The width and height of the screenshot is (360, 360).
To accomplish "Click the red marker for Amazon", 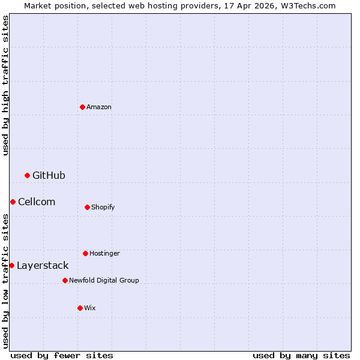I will click(x=82, y=107).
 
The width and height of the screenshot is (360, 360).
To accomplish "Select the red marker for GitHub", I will click(x=27, y=175).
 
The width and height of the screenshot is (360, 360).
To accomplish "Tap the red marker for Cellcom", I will click(x=13, y=202).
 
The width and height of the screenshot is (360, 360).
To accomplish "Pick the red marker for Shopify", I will click(x=87, y=207).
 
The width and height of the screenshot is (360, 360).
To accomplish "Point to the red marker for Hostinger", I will click(x=85, y=253).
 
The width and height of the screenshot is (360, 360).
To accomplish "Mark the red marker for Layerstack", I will click(x=11, y=265).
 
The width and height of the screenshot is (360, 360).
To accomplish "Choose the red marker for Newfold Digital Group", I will click(x=65, y=280).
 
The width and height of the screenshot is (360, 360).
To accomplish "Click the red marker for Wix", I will click(x=80, y=308).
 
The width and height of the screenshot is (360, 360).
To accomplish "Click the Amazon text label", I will click(x=99, y=107).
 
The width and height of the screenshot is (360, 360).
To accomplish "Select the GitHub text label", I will click(x=49, y=175).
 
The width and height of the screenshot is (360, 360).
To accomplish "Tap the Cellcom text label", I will click(x=37, y=202).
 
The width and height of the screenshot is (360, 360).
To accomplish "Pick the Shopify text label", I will click(x=103, y=207).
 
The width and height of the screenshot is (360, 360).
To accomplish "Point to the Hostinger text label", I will click(x=105, y=253).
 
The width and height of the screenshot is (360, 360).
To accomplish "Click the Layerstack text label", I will click(x=43, y=265).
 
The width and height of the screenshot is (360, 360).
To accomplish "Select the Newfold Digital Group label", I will click(x=104, y=280).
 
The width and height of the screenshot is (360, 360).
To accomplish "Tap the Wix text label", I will click(x=90, y=308).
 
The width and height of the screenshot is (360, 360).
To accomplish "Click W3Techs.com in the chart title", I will click(x=310, y=5).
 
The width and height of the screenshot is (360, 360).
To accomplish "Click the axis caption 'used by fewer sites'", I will click(x=62, y=355).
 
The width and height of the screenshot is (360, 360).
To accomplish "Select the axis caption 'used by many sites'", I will click(x=301, y=355).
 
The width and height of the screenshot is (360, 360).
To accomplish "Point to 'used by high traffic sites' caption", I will click(x=5, y=85).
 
